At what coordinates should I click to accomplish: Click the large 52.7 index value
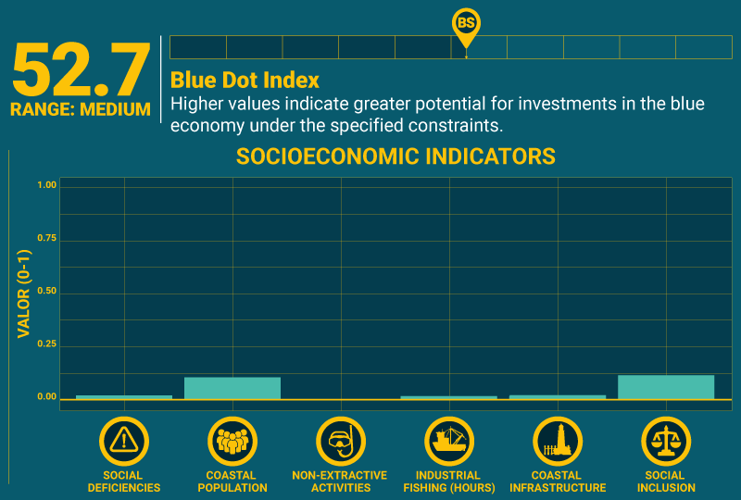pyautogui.click(x=81, y=71)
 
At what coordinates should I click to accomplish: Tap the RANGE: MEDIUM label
pyautogui.click(x=81, y=109)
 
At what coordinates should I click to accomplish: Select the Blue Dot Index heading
pyautogui.click(x=245, y=81)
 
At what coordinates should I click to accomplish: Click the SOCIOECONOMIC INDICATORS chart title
pyautogui.click(x=396, y=156)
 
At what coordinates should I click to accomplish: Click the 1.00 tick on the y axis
pyautogui.click(x=46, y=185)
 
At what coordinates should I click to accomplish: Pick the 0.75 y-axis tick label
pyautogui.click(x=46, y=238)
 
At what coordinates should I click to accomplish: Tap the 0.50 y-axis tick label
pyautogui.click(x=46, y=292)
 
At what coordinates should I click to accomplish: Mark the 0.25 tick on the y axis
pyautogui.click(x=46, y=344)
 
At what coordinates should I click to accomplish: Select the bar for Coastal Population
pyautogui.click(x=232, y=388)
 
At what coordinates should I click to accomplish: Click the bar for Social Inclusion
pyautogui.click(x=666, y=387)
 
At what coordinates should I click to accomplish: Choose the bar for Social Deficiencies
pyautogui.click(x=124, y=396)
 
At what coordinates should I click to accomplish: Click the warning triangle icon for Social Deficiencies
pyautogui.click(x=124, y=441)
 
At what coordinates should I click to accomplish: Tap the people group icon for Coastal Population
pyautogui.click(x=232, y=441)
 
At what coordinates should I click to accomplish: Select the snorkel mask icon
pyautogui.click(x=341, y=441)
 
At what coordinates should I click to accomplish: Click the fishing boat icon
pyautogui.click(x=449, y=441)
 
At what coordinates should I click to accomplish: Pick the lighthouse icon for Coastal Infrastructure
pyautogui.click(x=558, y=441)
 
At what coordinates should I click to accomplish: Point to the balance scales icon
pyautogui.click(x=666, y=441)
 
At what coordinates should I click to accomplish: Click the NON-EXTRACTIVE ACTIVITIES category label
pyautogui.click(x=341, y=481)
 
